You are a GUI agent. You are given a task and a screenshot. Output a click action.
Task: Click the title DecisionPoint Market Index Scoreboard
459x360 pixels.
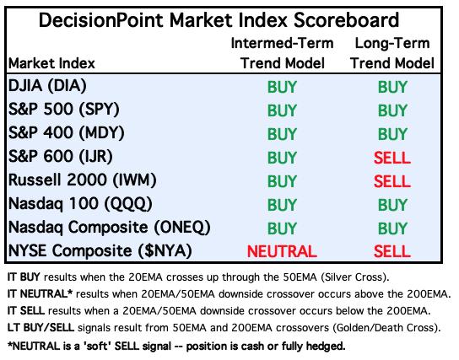tap(219, 20)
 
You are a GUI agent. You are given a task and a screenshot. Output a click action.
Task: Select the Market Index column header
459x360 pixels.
tap(51, 63)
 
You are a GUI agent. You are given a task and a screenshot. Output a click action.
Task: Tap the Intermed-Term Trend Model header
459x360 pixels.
tap(282, 53)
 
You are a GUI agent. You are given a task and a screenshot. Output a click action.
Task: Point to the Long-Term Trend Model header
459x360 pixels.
tap(392, 53)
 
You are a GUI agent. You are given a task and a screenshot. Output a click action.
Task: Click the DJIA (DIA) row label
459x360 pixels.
tap(47, 86)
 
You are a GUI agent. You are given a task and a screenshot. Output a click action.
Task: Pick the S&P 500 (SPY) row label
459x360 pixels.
tap(64, 110)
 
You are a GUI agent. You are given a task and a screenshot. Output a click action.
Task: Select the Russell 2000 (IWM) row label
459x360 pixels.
tap(82, 180)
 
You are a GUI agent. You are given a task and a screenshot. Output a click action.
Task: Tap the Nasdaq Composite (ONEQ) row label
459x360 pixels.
tap(110, 228)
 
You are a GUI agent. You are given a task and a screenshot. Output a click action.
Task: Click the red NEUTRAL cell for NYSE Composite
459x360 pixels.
tap(282, 251)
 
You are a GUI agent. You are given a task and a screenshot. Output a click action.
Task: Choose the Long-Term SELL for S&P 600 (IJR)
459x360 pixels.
tap(392, 158)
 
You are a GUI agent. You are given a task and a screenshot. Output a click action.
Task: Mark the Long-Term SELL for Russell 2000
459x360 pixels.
tap(392, 181)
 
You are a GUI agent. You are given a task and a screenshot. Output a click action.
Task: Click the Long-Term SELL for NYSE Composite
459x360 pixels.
tap(392, 251)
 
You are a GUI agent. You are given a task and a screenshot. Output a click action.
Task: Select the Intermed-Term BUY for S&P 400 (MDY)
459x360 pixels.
tap(282, 134)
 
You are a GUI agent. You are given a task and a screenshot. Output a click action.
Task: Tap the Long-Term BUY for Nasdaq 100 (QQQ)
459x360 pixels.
tap(392, 205)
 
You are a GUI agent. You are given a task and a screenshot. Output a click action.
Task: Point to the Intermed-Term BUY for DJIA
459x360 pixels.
tap(282, 87)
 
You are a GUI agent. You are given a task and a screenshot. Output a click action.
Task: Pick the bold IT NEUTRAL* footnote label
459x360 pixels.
tap(40, 293)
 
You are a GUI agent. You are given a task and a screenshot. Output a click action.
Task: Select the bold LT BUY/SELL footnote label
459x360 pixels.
tap(40, 327)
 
